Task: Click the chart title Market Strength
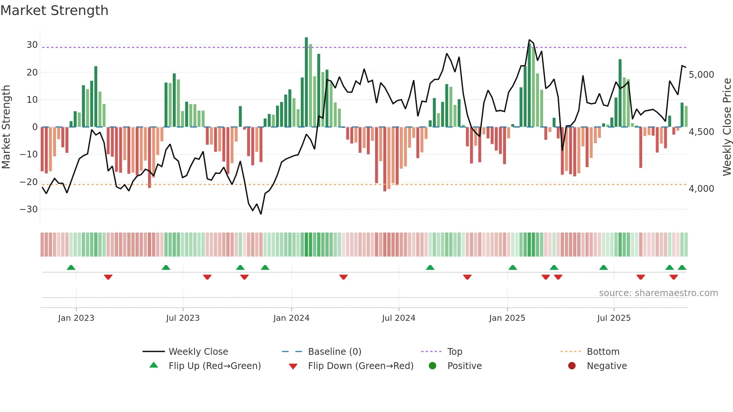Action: pyautogui.click(x=54, y=10)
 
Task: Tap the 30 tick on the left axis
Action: pyautogui.click(x=32, y=45)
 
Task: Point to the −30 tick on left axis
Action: pyautogui.click(x=29, y=209)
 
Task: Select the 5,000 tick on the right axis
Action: pyautogui.click(x=701, y=75)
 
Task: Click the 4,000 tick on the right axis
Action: pyautogui.click(x=701, y=189)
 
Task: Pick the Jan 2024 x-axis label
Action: pyautogui.click(x=291, y=318)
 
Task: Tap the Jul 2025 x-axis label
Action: pyautogui.click(x=613, y=318)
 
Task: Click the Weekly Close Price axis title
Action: pyautogui.click(x=727, y=127)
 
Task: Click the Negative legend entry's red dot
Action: pyautogui.click(x=571, y=366)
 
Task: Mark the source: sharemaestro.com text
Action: pyautogui.click(x=658, y=293)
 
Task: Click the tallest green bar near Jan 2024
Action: pyautogui.click(x=306, y=82)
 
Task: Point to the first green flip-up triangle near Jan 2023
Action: pyautogui.click(x=71, y=268)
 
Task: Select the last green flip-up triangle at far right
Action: pyautogui.click(x=682, y=268)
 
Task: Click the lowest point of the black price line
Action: pyautogui.click(x=261, y=214)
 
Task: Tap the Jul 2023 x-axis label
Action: pyautogui.click(x=183, y=318)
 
